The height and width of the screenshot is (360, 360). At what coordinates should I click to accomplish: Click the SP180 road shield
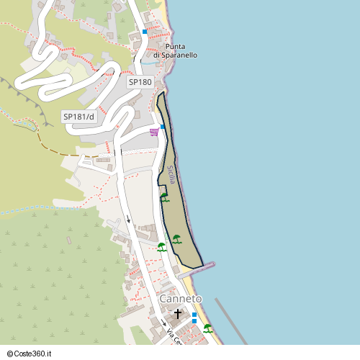(x=140, y=82)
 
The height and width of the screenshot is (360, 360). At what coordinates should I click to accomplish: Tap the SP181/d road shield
(x=78, y=116)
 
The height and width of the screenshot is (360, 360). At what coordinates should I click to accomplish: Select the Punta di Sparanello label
(x=176, y=50)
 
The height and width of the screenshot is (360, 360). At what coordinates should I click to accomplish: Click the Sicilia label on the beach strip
(x=171, y=175)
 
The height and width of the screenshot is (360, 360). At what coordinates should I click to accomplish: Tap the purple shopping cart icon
(x=154, y=132)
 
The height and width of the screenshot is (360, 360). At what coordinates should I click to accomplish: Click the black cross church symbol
(x=179, y=315)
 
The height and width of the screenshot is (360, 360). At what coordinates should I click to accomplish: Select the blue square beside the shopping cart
(x=163, y=127)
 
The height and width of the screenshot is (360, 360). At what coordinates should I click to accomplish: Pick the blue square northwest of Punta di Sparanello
(x=145, y=32)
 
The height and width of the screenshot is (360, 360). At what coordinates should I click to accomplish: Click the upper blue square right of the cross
(x=194, y=314)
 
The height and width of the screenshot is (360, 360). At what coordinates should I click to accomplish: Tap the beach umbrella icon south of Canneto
(x=208, y=328)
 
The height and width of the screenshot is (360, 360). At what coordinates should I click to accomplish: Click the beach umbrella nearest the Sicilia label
(x=164, y=197)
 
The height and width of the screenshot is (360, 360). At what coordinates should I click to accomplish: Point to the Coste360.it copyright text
(x=27, y=354)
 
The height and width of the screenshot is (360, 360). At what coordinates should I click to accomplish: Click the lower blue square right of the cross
(x=194, y=322)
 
